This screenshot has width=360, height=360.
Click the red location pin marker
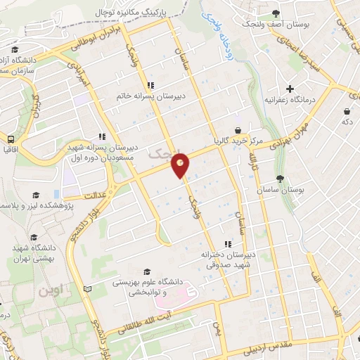coord(181,166)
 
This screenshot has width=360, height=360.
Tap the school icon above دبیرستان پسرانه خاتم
coord(151,86)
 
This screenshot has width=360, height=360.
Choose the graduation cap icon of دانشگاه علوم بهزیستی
coord(146,271)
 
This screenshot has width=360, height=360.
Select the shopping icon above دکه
coord(347,110)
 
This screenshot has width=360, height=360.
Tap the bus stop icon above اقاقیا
coord(11,139)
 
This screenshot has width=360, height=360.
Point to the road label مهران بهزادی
coord(280,134)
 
